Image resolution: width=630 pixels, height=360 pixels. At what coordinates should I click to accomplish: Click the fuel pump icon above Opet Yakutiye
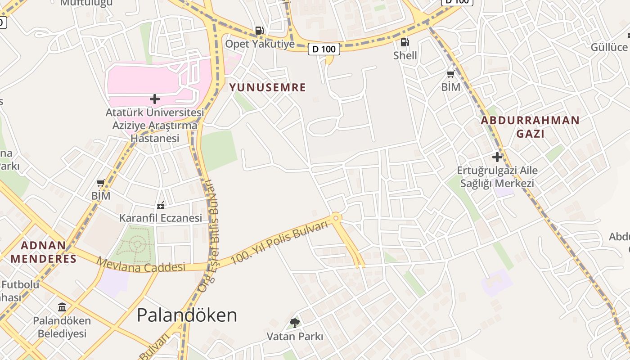tap(259, 31)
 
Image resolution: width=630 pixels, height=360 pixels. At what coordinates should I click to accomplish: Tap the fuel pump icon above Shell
tap(405, 42)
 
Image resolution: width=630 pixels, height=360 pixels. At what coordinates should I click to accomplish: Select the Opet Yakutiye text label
tap(260, 44)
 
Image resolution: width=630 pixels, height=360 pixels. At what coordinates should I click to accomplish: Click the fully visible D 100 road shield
tap(324, 49)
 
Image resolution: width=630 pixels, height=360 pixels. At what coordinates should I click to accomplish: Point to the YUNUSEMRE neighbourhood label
tap(268, 87)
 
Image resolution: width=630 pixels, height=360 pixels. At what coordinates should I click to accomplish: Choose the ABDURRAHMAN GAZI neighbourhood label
tap(530, 127)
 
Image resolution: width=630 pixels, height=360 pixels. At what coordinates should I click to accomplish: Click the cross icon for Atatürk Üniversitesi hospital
tap(155, 99)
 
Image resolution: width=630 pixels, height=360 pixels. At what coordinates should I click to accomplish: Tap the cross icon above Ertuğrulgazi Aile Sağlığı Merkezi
tap(497, 157)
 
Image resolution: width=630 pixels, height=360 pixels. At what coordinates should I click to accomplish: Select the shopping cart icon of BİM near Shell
tap(450, 74)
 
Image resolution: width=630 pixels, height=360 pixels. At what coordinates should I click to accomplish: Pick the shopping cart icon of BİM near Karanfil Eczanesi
tap(101, 183)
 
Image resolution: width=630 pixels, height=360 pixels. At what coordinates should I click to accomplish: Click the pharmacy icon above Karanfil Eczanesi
tap(161, 205)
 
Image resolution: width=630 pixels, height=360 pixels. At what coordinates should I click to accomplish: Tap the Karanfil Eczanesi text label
tap(161, 218)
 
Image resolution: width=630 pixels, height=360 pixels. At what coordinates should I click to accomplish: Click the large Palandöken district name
tap(187, 315)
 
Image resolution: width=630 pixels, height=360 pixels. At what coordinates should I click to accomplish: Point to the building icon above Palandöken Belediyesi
tap(62, 307)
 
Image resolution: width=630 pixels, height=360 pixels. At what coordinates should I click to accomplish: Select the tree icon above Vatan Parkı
tap(295, 323)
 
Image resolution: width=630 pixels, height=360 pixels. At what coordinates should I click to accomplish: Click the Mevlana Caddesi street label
tap(141, 265)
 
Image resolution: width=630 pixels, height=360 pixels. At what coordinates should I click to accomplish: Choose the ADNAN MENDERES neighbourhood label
tap(44, 252)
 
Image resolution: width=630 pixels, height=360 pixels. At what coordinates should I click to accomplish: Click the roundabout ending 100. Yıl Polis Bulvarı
tap(336, 218)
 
